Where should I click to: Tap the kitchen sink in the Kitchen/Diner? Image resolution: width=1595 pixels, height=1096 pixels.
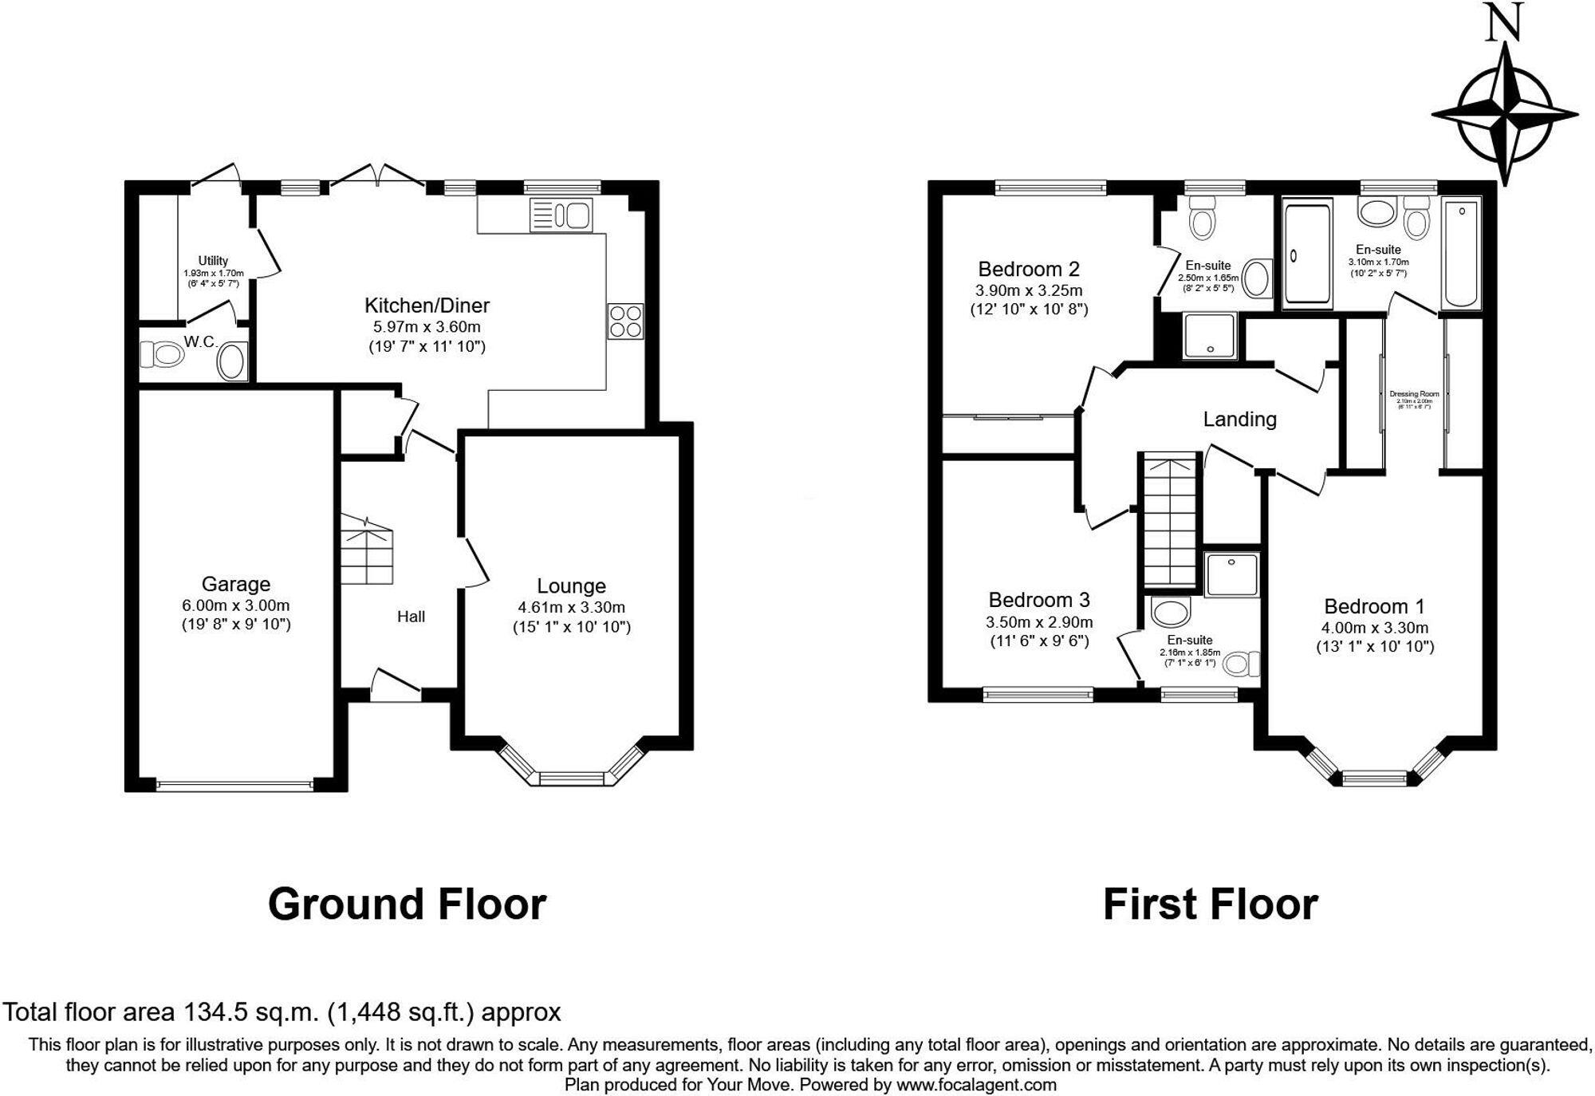pyautogui.click(x=561, y=215)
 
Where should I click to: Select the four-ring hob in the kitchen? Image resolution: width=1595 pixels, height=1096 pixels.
pyautogui.click(x=625, y=321)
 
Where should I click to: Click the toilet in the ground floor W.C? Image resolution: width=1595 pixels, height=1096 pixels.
pyautogui.click(x=161, y=353)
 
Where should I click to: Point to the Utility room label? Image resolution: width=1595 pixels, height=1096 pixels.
pyautogui.click(x=213, y=261)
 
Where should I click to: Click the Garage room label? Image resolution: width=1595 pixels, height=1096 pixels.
pyautogui.click(x=235, y=584)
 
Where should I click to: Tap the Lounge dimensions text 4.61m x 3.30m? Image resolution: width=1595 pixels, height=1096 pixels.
pyautogui.click(x=571, y=607)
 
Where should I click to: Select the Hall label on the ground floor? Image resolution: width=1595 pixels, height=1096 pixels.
pyautogui.click(x=411, y=617)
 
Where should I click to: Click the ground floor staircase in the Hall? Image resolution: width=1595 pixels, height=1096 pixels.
pyautogui.click(x=368, y=550)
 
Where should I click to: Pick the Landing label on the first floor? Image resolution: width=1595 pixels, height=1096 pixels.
pyautogui.click(x=1239, y=419)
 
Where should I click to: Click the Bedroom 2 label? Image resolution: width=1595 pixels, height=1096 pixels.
pyautogui.click(x=1029, y=269)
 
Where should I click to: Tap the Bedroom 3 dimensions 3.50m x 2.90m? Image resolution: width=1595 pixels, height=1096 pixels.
pyautogui.click(x=1039, y=622)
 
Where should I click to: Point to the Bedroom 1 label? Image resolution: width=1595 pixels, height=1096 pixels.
pyautogui.click(x=1374, y=606)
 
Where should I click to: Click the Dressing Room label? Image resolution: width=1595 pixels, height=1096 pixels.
pyautogui.click(x=1414, y=394)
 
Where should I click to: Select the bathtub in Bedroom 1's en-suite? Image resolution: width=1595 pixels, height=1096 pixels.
pyautogui.click(x=1461, y=253)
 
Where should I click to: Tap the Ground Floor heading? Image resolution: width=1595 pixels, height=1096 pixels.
pyautogui.click(x=407, y=905)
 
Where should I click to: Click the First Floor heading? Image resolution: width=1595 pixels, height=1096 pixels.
pyautogui.click(x=1210, y=905)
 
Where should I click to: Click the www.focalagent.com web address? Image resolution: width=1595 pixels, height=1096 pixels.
pyautogui.click(x=976, y=1085)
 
